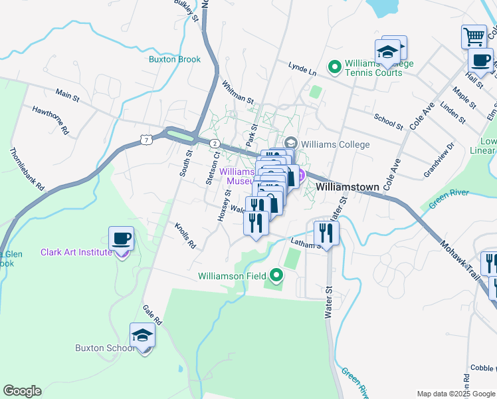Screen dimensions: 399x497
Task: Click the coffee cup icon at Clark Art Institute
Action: point(121,239)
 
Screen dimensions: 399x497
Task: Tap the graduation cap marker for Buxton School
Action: point(142,336)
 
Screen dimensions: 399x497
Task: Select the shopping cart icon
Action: point(474,36)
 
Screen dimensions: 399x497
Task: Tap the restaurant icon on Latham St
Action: point(326,233)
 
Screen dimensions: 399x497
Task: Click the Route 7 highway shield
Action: point(145,139)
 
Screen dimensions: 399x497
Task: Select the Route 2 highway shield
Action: point(215,144)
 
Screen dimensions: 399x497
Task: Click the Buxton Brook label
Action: point(175,59)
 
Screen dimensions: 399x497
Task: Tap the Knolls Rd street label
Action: point(185,235)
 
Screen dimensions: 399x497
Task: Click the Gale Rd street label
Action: point(152,315)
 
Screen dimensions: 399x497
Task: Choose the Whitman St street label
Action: point(237,92)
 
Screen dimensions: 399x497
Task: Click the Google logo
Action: point(22,391)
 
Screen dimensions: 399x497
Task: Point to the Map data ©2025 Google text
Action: point(455,394)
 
